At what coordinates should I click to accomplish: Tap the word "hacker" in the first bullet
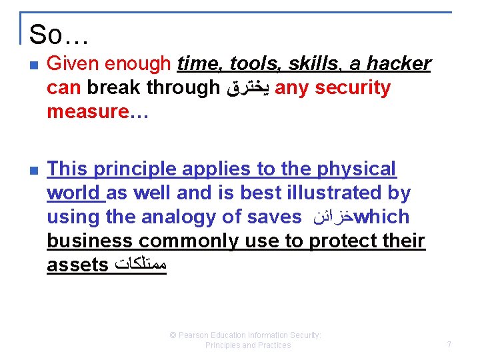398,64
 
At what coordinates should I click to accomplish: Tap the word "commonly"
181,241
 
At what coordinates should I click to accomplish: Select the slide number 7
449,345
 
